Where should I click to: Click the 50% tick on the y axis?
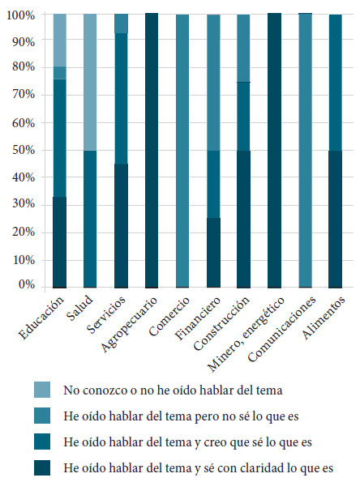click(x=22, y=150)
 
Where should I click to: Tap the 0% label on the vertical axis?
click(x=26, y=285)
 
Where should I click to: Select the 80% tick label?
click(x=22, y=69)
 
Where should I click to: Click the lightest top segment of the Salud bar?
click(x=90, y=82)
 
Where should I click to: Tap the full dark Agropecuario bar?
click(x=152, y=150)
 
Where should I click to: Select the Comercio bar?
click(x=182, y=150)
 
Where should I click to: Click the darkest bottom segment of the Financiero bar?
click(x=213, y=252)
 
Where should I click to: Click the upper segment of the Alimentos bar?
click(x=335, y=82)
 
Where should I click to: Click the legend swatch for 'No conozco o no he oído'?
click(x=42, y=390)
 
